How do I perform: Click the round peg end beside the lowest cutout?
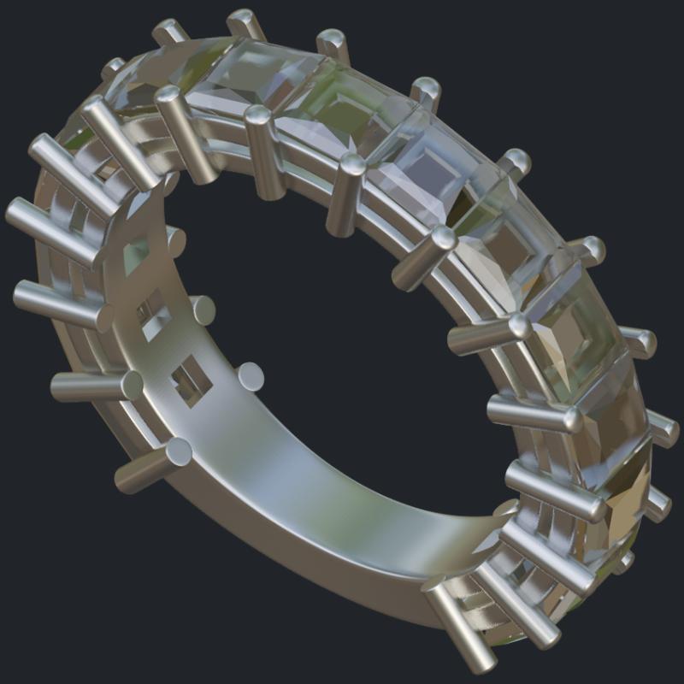coord(250,376)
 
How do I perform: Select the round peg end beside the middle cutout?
coord(202,310)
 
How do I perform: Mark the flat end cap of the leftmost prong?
coord(18,210)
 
